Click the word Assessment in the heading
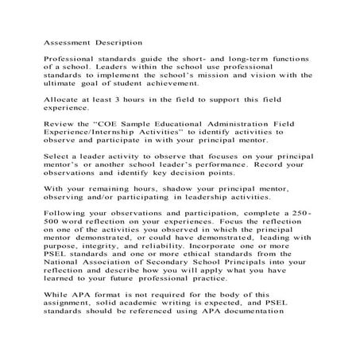(x=65, y=41)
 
